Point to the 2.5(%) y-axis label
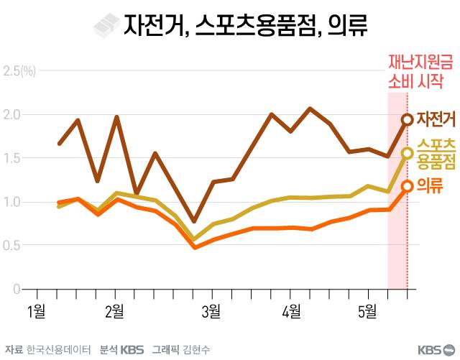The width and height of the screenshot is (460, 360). tap(19, 71)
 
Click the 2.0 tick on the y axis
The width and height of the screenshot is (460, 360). tap(12, 115)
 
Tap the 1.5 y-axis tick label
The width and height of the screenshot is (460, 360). tap(12, 158)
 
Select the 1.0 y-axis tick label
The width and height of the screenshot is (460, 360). tap(12, 202)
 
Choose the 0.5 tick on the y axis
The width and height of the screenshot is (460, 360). tap(12, 246)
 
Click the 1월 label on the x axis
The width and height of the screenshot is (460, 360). tap(36, 311)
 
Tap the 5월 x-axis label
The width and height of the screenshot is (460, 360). tap(368, 311)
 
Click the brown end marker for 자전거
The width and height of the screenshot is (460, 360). tap(408, 119)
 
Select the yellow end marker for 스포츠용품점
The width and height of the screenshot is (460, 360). tap(408, 152)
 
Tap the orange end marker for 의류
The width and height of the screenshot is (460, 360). tap(408, 186)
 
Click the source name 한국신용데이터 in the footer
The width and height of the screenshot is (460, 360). tap(58, 350)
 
